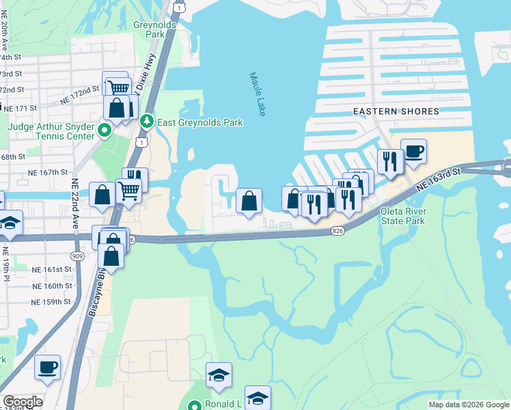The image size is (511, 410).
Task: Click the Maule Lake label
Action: click(257, 95)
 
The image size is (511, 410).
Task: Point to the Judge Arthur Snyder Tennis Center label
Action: click(51, 131)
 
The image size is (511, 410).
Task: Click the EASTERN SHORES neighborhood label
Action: click(385, 111)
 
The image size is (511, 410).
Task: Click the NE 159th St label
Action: click(52, 301)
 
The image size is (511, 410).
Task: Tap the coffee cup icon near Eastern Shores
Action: click(413, 152)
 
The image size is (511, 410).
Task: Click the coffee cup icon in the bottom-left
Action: click(48, 368)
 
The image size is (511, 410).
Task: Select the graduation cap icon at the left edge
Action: click(10, 223)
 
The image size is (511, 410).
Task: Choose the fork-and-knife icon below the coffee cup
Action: click(389, 162)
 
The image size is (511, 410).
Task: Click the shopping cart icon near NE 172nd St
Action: click(118, 87)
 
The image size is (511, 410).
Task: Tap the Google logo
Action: click(23, 402)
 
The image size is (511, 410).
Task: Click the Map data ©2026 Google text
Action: click(468, 405)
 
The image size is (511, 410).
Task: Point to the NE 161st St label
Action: click(52, 271)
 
